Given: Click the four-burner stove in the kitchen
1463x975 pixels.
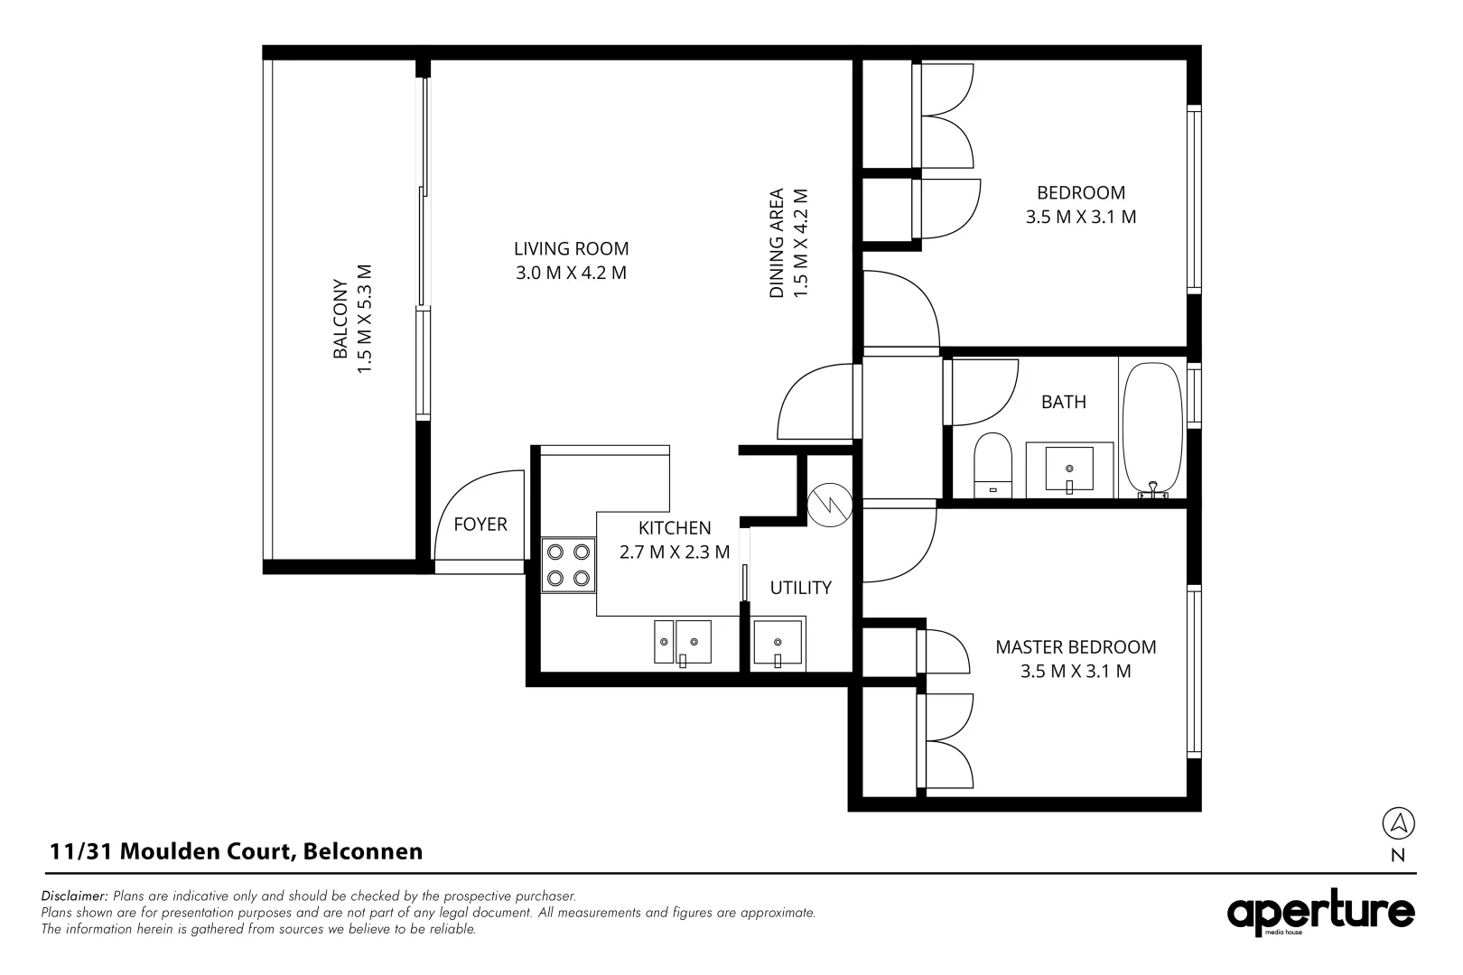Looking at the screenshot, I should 568,564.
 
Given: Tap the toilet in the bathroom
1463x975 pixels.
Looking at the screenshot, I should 993,464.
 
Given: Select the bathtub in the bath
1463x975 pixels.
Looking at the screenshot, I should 1151,429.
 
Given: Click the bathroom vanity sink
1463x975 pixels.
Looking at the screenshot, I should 1069,470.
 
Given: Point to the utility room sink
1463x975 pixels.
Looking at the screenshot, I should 778,644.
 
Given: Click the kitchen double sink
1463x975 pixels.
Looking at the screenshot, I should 683,642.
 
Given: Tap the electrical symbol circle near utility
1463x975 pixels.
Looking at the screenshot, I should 829,506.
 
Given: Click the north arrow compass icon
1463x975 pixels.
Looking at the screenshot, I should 1398,822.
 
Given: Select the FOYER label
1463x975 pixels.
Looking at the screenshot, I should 480,525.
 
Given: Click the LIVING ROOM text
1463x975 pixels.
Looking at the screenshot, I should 571,248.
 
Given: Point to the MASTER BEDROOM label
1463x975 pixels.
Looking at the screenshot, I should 1076,646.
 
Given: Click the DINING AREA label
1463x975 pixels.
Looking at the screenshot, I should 776,243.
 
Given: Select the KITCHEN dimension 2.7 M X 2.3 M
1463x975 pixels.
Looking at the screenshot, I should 675,552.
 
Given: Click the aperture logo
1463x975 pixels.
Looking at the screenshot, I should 1320,914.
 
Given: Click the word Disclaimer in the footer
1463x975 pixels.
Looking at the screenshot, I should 74,896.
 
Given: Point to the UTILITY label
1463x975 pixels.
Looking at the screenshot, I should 800,588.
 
